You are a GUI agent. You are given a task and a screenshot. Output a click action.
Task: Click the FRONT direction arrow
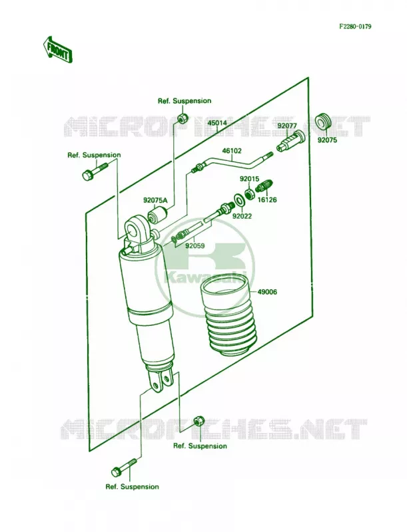pyautogui.click(x=57, y=49)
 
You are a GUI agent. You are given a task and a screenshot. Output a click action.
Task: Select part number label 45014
pyautogui.click(x=217, y=123)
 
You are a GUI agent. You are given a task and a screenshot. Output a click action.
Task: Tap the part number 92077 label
pyautogui.click(x=287, y=125)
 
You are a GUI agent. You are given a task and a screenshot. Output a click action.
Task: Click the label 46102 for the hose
pyautogui.click(x=232, y=150)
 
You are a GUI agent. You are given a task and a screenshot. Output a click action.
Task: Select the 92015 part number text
pyautogui.click(x=249, y=178)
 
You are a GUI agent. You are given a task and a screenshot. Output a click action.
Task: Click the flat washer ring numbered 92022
pyautogui.click(x=239, y=200)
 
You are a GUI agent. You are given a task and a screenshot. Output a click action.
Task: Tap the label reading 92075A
pyautogui.click(x=155, y=200)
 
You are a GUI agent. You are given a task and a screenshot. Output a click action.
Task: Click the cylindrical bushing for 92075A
pyautogui.click(x=158, y=215)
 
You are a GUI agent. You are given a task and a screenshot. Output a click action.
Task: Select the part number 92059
pyautogui.click(x=195, y=245)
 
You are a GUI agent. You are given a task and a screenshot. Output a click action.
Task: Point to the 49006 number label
pyautogui.click(x=267, y=292)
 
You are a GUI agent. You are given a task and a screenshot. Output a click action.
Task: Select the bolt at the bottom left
pyautogui.click(x=124, y=468)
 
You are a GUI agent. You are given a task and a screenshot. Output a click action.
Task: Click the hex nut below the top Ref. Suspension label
pyautogui.click(x=183, y=118)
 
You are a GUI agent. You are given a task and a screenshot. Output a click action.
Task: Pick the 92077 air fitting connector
pyautogui.click(x=289, y=141)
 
